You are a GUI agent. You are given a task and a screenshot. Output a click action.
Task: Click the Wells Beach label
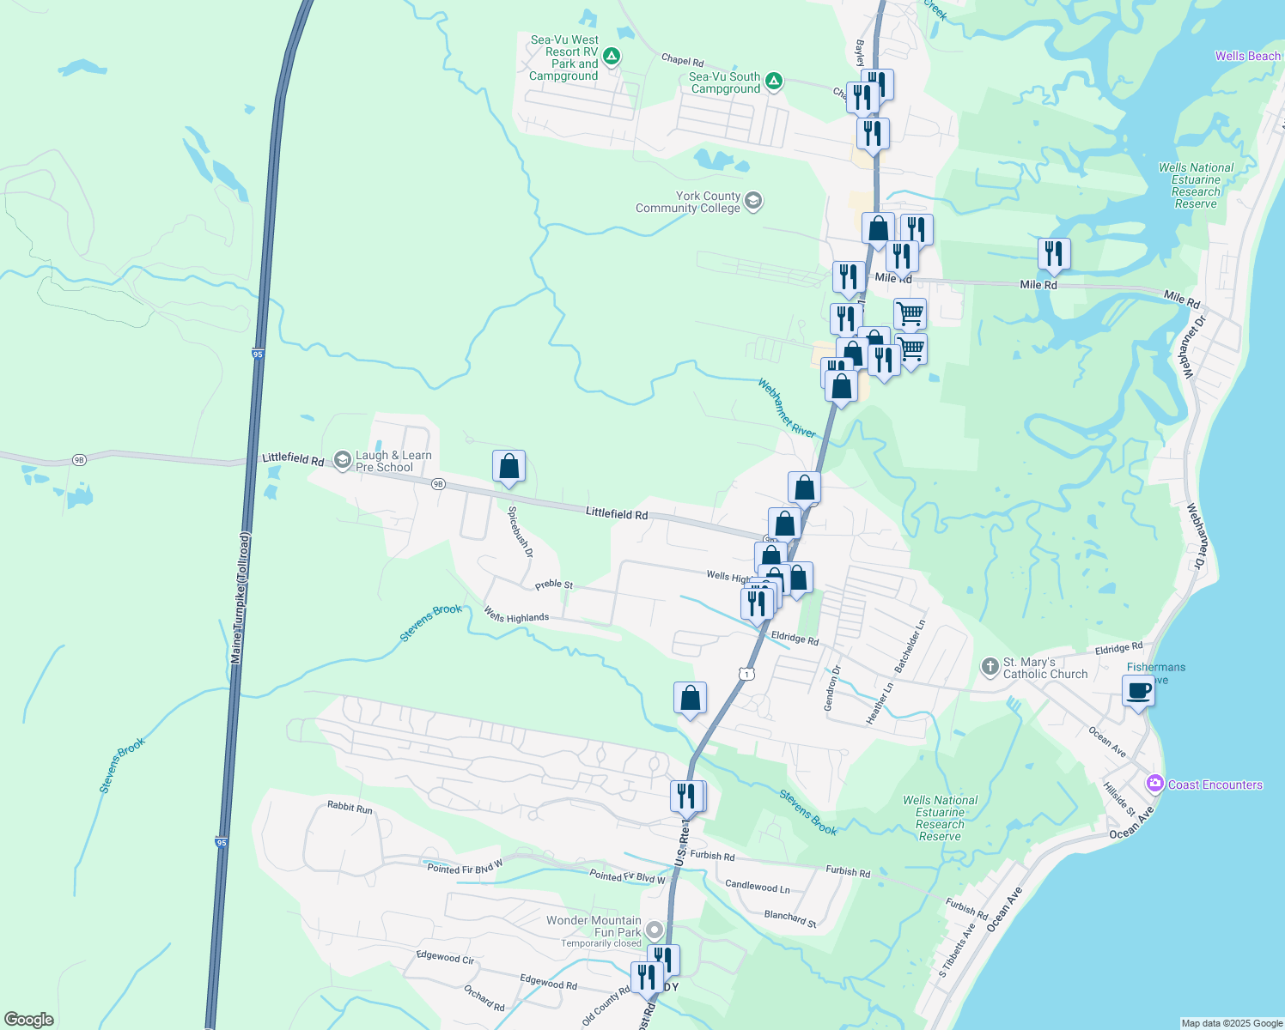click(1247, 56)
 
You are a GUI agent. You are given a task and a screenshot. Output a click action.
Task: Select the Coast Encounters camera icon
click(1154, 784)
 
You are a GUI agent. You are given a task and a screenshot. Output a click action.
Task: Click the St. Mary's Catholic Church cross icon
click(990, 666)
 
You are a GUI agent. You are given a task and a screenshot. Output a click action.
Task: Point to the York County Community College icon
click(753, 202)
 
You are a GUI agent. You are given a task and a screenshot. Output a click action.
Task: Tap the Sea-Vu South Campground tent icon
click(773, 82)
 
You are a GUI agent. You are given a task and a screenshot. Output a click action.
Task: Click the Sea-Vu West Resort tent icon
click(611, 58)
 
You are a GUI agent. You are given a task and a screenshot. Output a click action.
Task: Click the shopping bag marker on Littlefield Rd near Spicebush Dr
click(509, 467)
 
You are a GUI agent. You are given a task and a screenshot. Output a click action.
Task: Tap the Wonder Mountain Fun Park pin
click(655, 930)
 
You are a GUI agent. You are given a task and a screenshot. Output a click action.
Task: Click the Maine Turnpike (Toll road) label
click(240, 598)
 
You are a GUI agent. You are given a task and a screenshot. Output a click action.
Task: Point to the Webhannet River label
click(786, 409)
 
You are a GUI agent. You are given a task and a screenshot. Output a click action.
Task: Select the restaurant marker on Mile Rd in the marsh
click(1053, 254)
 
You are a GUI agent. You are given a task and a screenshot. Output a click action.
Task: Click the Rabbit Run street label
click(350, 808)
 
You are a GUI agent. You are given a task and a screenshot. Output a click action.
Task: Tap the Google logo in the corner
click(29, 1019)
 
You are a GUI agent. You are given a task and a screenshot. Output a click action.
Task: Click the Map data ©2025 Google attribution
click(1231, 1023)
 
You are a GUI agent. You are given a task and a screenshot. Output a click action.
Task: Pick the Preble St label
click(554, 585)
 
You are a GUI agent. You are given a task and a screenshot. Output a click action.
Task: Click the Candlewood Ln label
click(757, 886)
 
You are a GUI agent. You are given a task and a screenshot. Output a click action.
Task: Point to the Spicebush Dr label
click(520, 532)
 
